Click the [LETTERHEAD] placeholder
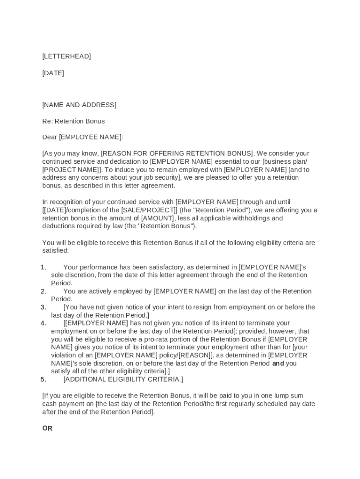[66, 57]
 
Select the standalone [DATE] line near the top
[53, 73]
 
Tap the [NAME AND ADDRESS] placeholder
[79, 105]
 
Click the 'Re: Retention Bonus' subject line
[73, 121]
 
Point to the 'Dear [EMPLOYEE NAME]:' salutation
[82, 137]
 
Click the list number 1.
[43, 267]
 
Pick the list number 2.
[43, 291]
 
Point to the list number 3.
[43, 307]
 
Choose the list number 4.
[43, 323]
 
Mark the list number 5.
[43, 379]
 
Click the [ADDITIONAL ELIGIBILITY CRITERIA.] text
[123, 379]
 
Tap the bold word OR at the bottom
[47, 428]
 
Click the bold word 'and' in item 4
[278, 363]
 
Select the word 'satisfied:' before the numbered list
[55, 251]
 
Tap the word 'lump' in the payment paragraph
[281, 396]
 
